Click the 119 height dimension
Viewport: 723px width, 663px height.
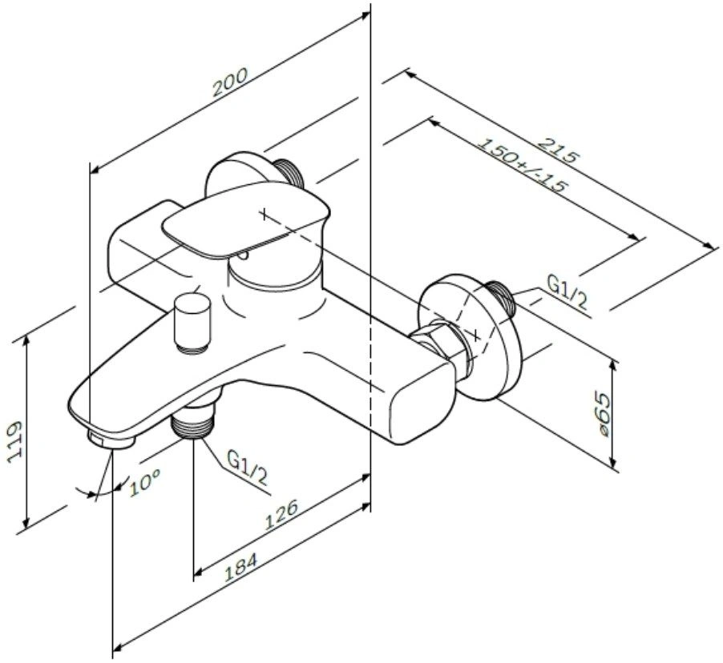tap(16, 440)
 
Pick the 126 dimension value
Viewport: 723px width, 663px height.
tap(281, 515)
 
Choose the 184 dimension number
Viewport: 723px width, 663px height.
tap(240, 567)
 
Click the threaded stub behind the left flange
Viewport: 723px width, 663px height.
tap(289, 172)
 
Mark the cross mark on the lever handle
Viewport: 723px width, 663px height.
tap(264, 214)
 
